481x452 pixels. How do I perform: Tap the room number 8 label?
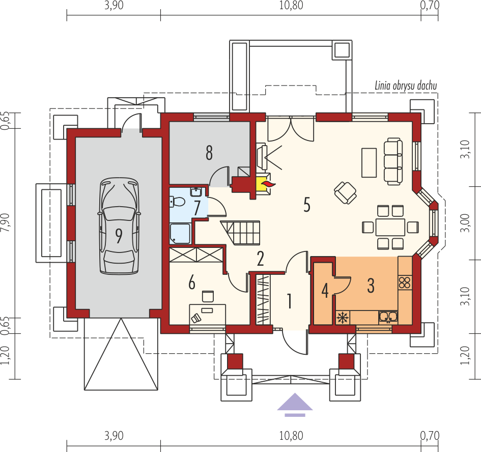point(209,153)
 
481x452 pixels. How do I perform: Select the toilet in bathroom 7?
point(177,202)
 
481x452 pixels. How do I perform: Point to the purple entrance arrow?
point(295,403)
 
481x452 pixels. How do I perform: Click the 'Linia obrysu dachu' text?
point(405,86)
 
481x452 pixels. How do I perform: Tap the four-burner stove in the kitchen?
point(405,282)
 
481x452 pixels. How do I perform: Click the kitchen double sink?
point(387,317)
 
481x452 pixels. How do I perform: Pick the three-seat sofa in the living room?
point(392,161)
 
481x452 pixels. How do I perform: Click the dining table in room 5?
point(390,227)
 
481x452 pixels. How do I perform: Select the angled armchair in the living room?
point(346,193)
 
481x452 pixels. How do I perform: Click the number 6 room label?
point(191,283)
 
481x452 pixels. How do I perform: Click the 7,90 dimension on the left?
point(6,223)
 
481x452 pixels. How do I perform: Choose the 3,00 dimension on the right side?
point(465,222)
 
